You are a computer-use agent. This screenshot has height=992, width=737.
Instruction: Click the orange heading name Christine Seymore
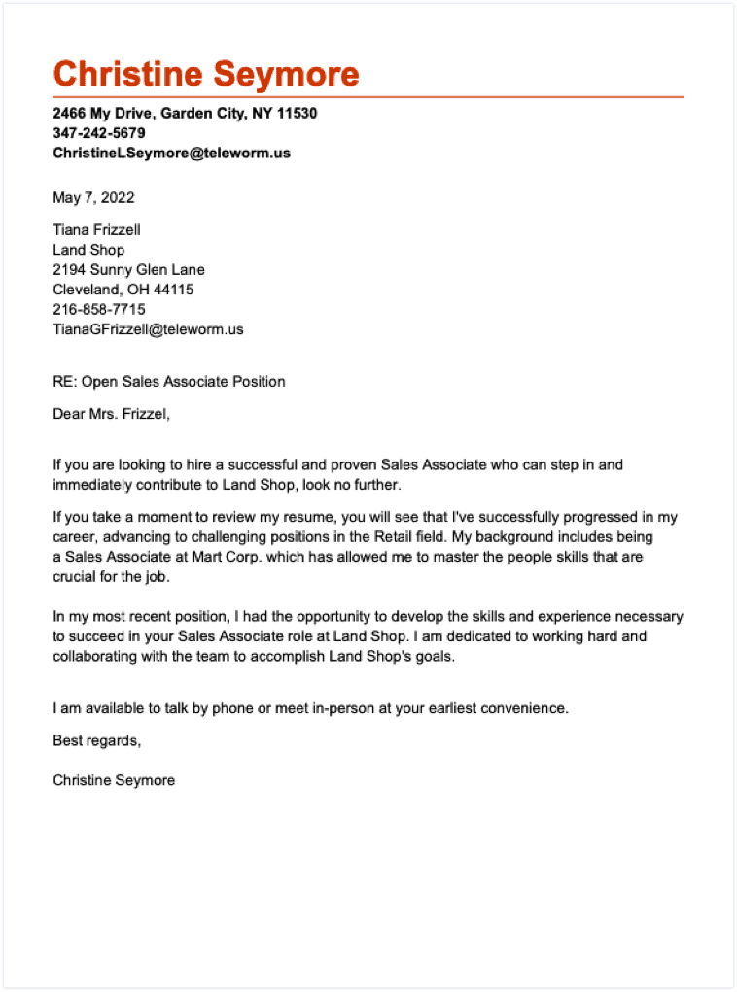click(x=205, y=74)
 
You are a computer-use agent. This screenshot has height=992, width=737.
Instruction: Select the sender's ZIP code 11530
click(x=297, y=114)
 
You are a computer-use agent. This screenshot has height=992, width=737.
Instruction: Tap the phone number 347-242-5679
click(x=98, y=133)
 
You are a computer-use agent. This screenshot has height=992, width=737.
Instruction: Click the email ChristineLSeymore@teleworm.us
click(x=171, y=153)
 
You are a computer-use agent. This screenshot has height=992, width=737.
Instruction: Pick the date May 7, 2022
click(x=93, y=198)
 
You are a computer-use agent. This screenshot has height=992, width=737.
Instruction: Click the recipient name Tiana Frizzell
click(x=96, y=230)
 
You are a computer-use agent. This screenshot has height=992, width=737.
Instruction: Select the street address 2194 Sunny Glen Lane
click(x=128, y=270)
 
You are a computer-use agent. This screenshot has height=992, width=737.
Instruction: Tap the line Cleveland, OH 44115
click(x=123, y=290)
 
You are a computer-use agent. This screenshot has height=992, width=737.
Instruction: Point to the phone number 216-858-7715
click(x=98, y=309)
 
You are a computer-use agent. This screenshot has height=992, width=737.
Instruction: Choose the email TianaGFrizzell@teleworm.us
click(x=148, y=329)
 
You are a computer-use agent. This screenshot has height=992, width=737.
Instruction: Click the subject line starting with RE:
click(x=168, y=382)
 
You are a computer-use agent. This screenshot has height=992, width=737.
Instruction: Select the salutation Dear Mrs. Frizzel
click(x=111, y=415)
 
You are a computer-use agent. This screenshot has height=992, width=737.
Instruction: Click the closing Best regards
click(x=96, y=741)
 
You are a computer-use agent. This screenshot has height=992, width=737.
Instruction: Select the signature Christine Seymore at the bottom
click(x=114, y=780)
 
